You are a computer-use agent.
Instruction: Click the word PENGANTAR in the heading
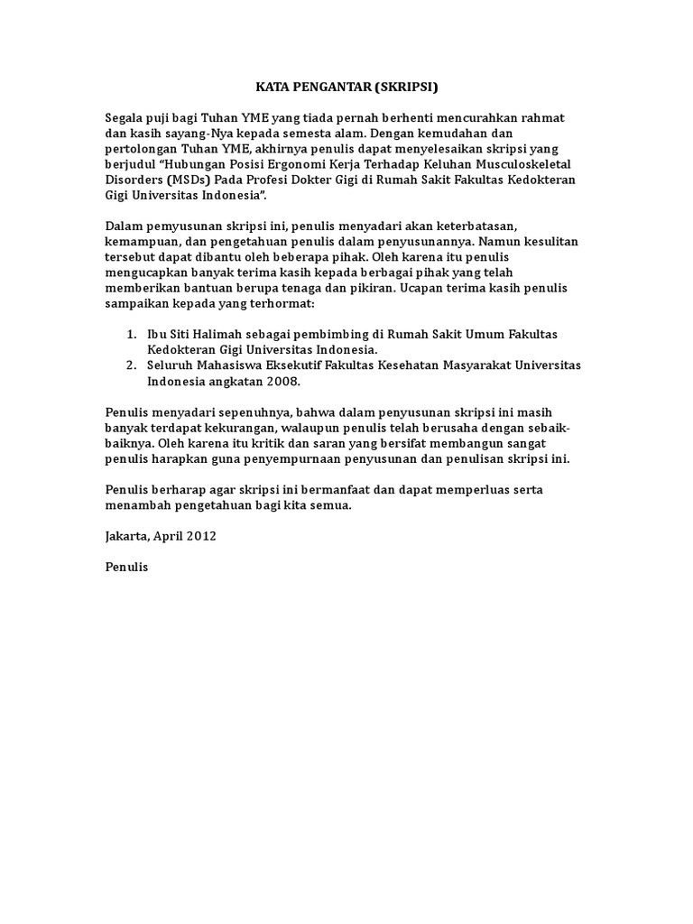[x=318, y=88]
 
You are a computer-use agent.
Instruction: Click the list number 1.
[x=131, y=334]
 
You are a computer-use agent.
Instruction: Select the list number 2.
[x=131, y=365]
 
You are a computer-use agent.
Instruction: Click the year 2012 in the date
[x=201, y=535]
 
